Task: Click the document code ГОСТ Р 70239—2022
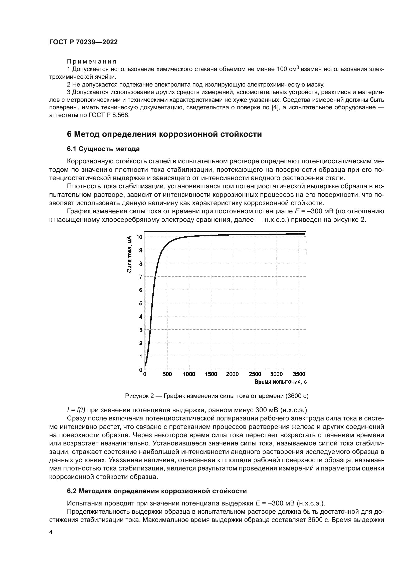click(83, 42)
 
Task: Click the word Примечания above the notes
click(92, 62)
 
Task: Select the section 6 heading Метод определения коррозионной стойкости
click(164, 134)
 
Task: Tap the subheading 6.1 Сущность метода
click(103, 149)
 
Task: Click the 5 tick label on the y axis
click(140, 303)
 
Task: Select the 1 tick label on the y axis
click(140, 356)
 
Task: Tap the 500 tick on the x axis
click(167, 374)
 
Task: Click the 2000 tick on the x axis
click(232, 374)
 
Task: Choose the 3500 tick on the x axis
click(299, 374)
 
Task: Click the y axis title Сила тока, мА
click(129, 254)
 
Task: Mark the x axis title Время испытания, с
click(280, 382)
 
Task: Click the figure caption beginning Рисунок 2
click(217, 396)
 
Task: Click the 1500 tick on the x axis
click(211, 374)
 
